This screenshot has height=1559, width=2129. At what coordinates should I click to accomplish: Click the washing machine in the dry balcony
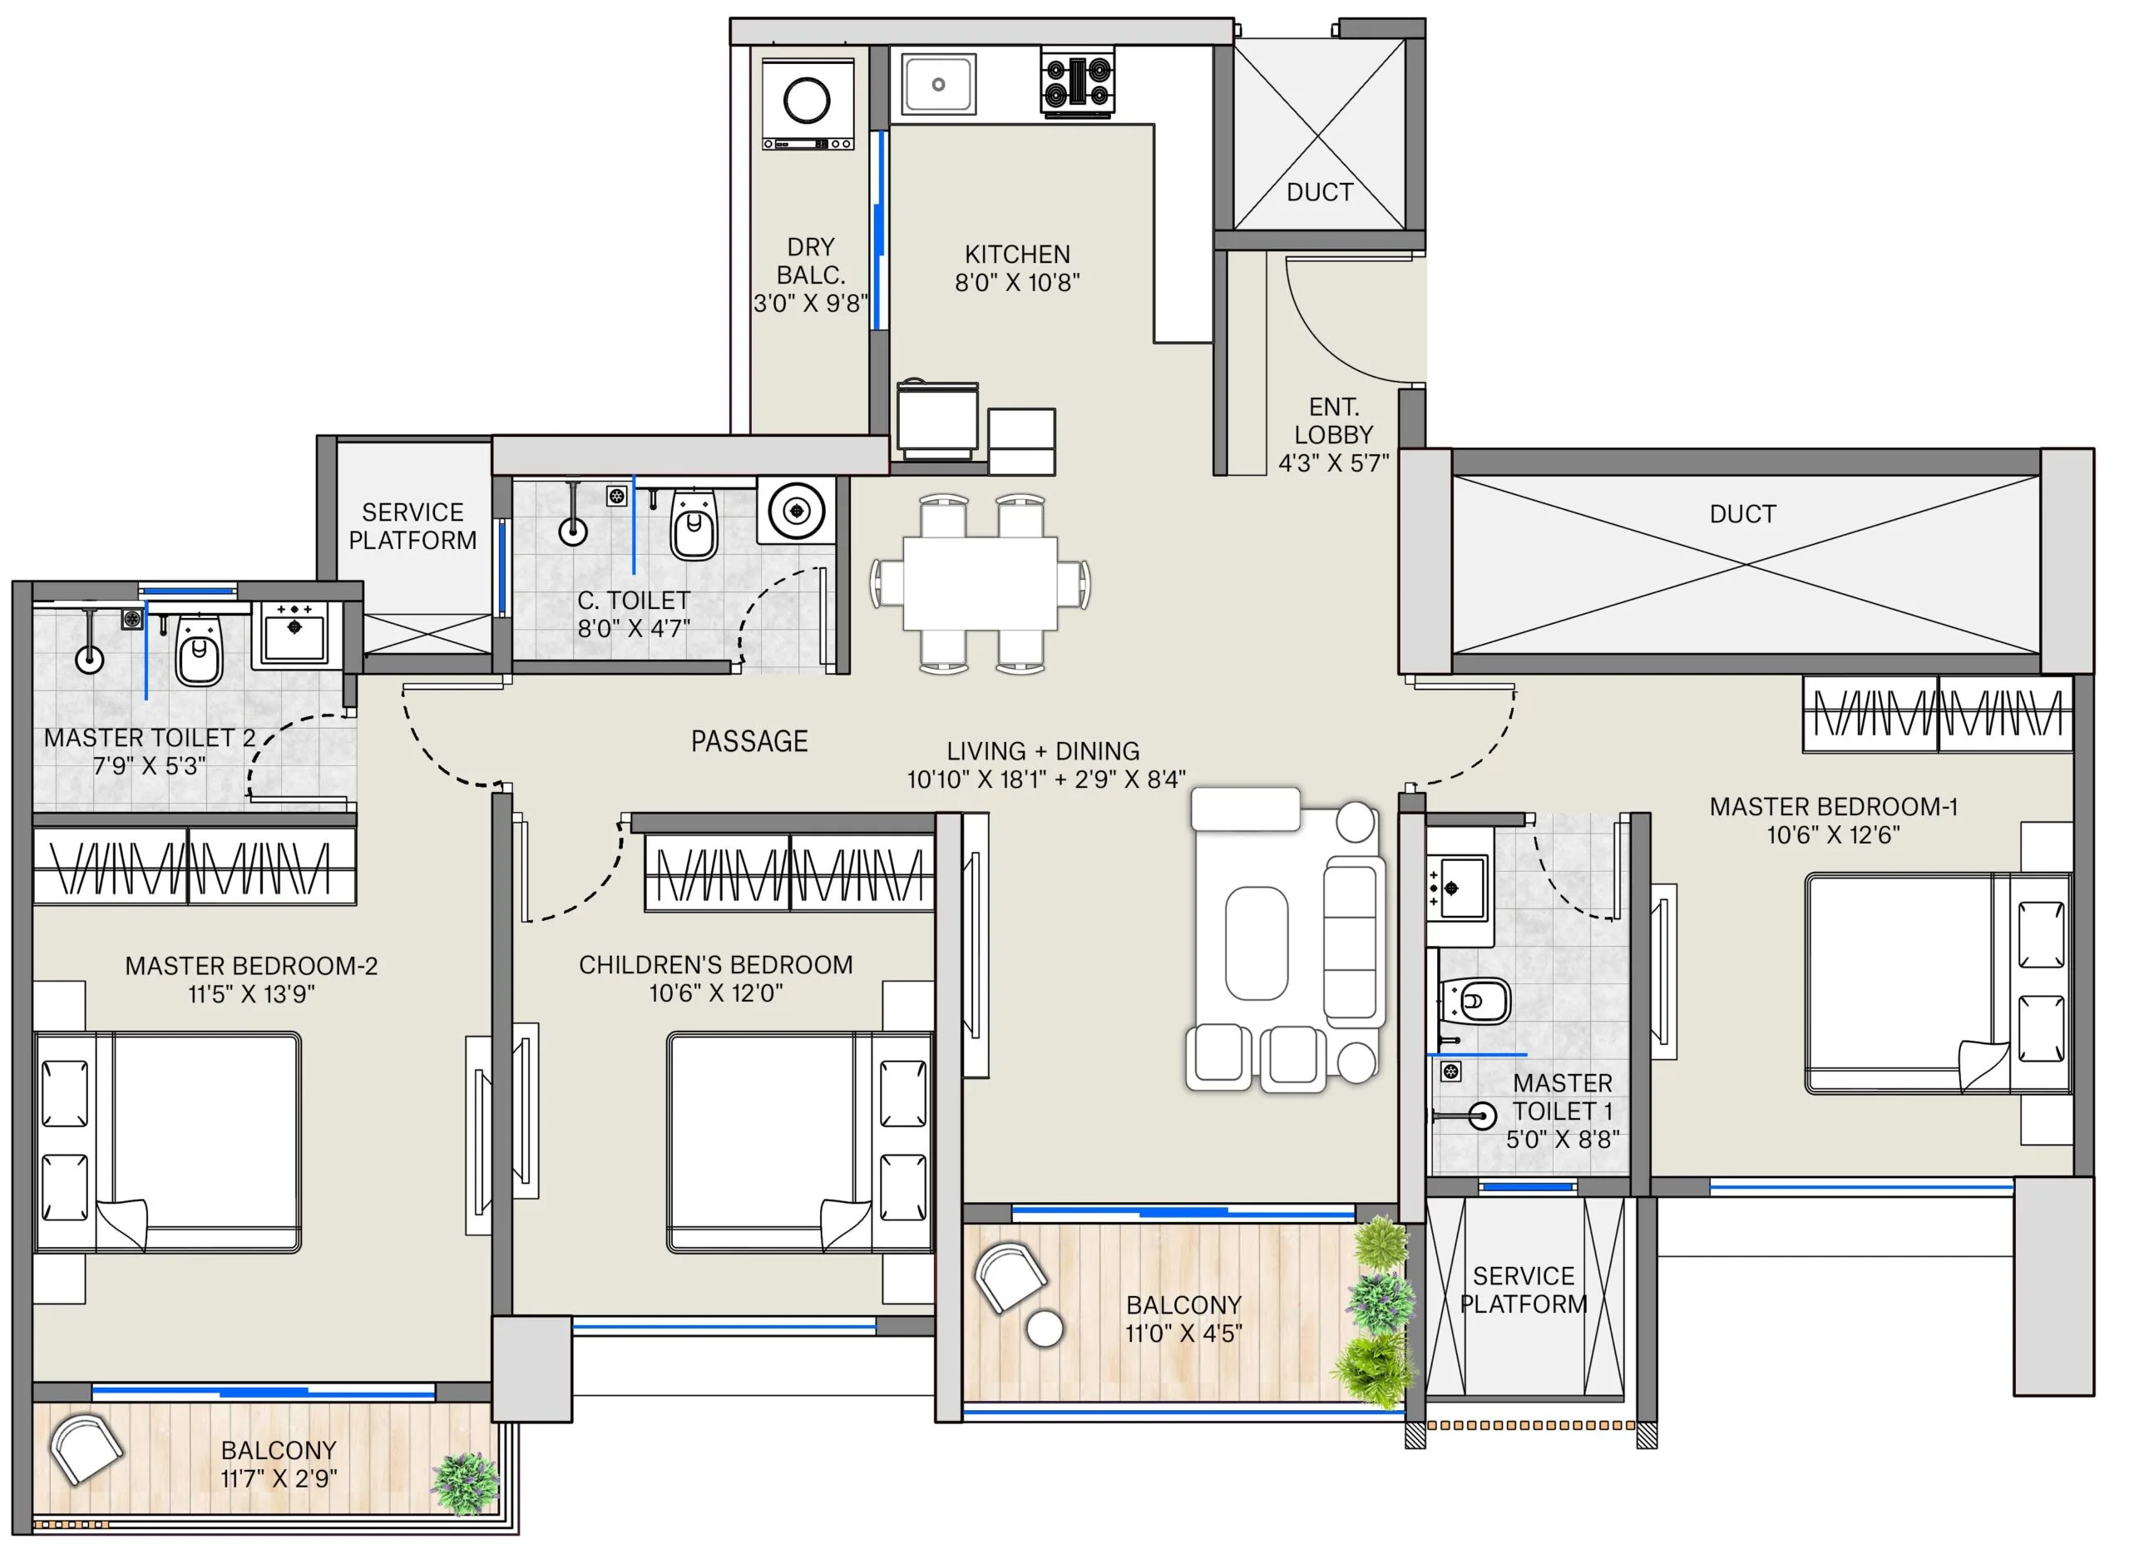click(808, 104)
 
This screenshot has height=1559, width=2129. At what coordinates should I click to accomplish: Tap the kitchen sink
click(939, 84)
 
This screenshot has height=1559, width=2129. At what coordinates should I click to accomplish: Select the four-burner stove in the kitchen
click(1077, 83)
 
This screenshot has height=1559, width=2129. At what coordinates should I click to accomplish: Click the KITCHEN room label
click(1017, 254)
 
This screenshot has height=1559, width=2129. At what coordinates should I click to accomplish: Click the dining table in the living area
click(979, 583)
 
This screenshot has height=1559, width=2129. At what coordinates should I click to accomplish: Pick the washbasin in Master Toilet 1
click(1457, 888)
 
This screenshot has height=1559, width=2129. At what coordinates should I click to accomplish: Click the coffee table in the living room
click(1256, 943)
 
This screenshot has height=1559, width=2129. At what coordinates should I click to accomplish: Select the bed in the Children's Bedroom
click(800, 1142)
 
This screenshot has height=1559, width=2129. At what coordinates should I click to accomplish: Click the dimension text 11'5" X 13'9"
click(251, 994)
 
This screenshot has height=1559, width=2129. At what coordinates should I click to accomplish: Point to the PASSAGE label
click(749, 742)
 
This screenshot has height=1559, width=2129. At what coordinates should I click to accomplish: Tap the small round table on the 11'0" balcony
click(1045, 1328)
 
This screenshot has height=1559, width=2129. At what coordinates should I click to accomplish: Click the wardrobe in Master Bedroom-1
click(1938, 714)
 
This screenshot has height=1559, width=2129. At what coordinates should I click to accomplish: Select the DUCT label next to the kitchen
click(1320, 192)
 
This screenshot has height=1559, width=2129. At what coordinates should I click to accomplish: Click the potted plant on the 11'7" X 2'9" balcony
click(465, 1483)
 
